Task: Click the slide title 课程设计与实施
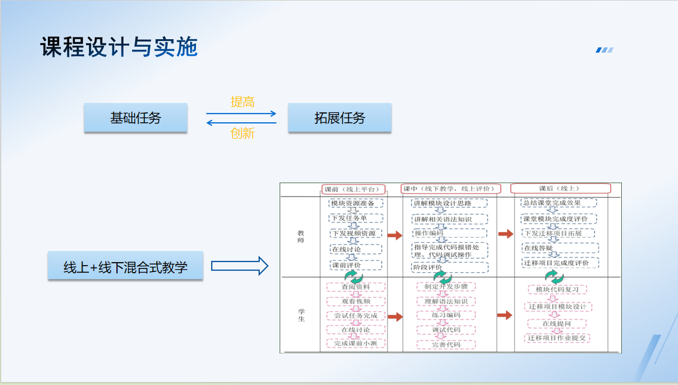pos(119,47)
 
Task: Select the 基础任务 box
pos(135,118)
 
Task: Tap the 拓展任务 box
pos(339,118)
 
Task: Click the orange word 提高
pos(243,102)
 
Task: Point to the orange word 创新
pos(243,133)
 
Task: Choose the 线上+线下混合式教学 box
pos(125,267)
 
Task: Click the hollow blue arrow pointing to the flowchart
pos(239,267)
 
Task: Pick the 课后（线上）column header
pos(560,188)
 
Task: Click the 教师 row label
pos(301,236)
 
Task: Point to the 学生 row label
pos(301,315)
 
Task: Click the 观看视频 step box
pos(356,301)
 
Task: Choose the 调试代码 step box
pos(446,330)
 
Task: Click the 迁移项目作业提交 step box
pos(557,338)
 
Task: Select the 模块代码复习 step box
pos(557,290)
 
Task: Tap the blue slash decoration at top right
pos(604,50)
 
